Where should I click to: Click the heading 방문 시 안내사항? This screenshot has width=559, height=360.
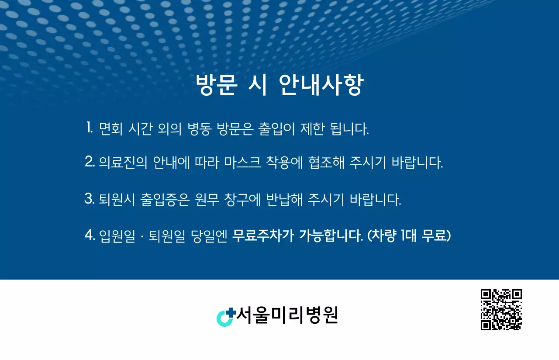point(279,85)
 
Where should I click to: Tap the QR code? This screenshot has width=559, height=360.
point(501,310)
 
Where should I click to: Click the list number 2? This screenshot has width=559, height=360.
point(90,163)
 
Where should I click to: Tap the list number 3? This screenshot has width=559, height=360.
point(90,199)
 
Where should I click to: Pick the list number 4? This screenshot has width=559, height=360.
point(90,236)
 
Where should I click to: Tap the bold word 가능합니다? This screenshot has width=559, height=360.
point(331,236)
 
